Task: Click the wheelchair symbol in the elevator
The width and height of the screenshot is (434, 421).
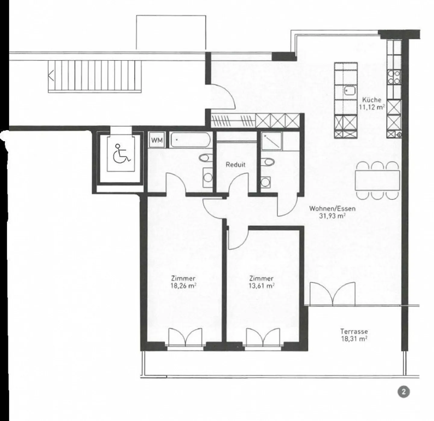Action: (121, 153)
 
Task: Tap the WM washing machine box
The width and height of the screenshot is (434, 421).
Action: (157, 140)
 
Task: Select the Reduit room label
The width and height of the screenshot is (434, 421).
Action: (235, 165)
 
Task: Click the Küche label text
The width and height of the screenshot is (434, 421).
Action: (372, 100)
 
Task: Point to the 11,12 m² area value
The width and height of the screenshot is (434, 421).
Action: (372, 107)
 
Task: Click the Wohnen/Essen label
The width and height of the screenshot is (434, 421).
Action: (332, 208)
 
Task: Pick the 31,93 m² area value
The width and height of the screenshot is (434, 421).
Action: (332, 216)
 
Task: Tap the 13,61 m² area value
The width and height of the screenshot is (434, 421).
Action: (261, 286)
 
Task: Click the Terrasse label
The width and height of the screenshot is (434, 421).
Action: (354, 331)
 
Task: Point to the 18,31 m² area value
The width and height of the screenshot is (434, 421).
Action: (354, 338)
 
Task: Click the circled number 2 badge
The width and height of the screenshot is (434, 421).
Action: (404, 392)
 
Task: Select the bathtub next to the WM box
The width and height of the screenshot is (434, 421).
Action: (189, 140)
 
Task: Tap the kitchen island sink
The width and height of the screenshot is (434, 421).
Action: (350, 90)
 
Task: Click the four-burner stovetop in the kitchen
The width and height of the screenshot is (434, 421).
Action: (394, 77)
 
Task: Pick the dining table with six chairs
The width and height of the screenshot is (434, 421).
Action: (377, 180)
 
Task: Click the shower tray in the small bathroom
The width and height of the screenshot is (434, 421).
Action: (272, 141)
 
